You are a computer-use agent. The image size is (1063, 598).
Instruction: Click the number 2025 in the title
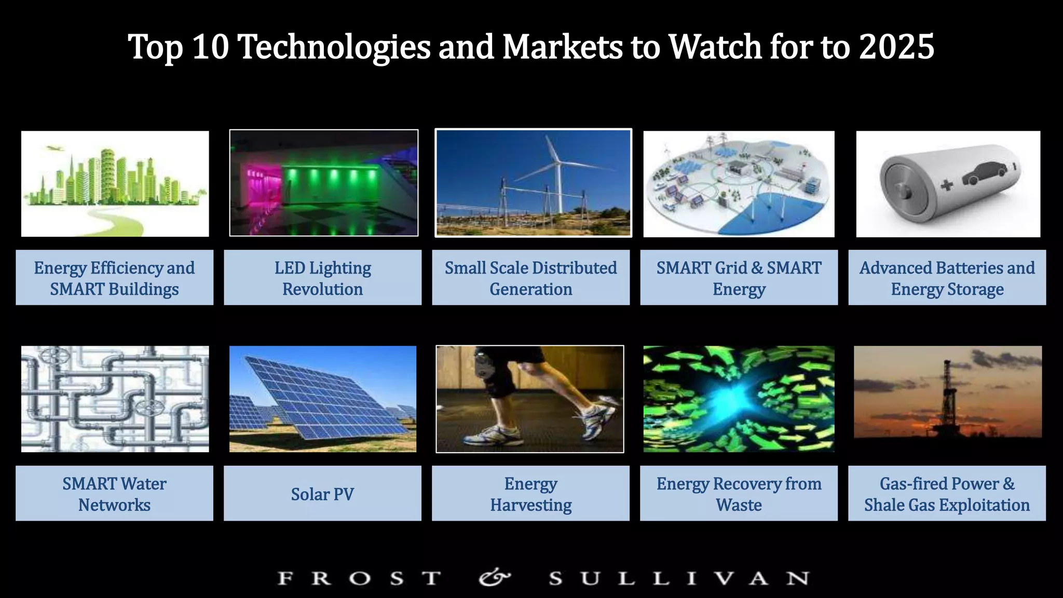pyautogui.click(x=896, y=47)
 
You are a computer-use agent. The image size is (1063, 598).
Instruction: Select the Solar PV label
pyautogui.click(x=322, y=494)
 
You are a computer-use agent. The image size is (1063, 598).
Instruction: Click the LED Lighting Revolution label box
pyautogui.click(x=322, y=278)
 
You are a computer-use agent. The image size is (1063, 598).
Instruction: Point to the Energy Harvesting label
pyautogui.click(x=530, y=494)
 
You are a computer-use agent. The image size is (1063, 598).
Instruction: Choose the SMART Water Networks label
pyautogui.click(x=114, y=494)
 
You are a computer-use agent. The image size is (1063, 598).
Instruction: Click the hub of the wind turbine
pyautogui.click(x=558, y=162)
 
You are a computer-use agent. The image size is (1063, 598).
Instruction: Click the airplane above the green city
pyautogui.click(x=52, y=148)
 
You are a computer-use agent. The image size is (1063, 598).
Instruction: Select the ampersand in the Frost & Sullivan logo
pyautogui.click(x=494, y=577)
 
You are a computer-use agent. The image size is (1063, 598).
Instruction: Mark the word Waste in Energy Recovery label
pyautogui.click(x=739, y=505)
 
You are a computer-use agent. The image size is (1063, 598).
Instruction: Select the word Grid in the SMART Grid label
pyautogui.click(x=731, y=268)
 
